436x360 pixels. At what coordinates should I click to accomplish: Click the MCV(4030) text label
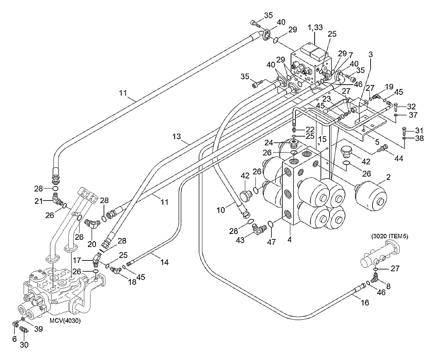[x=65, y=320]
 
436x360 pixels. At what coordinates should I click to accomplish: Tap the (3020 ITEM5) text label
[x=389, y=236]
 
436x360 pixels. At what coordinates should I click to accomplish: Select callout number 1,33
[x=315, y=27]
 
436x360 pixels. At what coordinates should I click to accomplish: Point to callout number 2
[x=388, y=177]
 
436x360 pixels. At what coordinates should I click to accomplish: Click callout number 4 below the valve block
[x=289, y=239]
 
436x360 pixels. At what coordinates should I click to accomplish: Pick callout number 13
[x=177, y=136]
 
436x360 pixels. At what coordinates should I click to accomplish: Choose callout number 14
[x=164, y=262]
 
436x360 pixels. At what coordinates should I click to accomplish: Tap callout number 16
[x=365, y=302]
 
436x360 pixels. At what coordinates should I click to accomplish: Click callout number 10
[x=220, y=210]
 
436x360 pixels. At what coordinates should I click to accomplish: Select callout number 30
[x=24, y=344]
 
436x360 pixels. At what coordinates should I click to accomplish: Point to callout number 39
[x=39, y=329]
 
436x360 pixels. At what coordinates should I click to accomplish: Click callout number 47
[x=271, y=242]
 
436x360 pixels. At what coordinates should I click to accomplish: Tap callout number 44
[x=399, y=158]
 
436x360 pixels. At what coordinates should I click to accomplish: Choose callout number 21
[x=39, y=201]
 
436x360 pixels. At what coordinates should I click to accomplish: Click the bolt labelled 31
[x=404, y=130]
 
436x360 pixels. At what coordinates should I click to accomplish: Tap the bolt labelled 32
[x=395, y=107]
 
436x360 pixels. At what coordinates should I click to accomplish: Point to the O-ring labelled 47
[x=271, y=224]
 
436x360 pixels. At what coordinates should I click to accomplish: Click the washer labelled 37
[x=396, y=115]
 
